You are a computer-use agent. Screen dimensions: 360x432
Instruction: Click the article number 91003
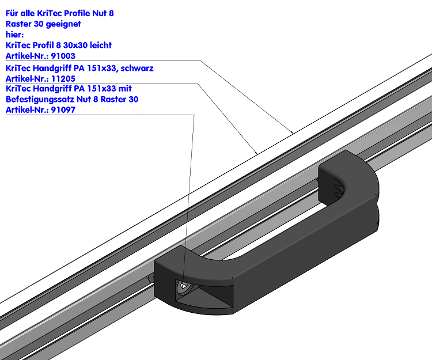63,56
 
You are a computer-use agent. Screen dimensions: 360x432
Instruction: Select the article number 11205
63,78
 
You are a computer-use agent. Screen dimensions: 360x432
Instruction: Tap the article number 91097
63,110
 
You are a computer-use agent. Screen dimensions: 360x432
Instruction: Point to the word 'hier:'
14,35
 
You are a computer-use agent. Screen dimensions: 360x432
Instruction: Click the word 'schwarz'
137,68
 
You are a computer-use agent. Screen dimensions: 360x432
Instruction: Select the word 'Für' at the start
12,13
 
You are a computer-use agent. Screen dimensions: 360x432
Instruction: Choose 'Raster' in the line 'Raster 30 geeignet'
18,24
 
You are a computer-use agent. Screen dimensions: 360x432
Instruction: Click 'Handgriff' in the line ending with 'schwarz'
53,68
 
